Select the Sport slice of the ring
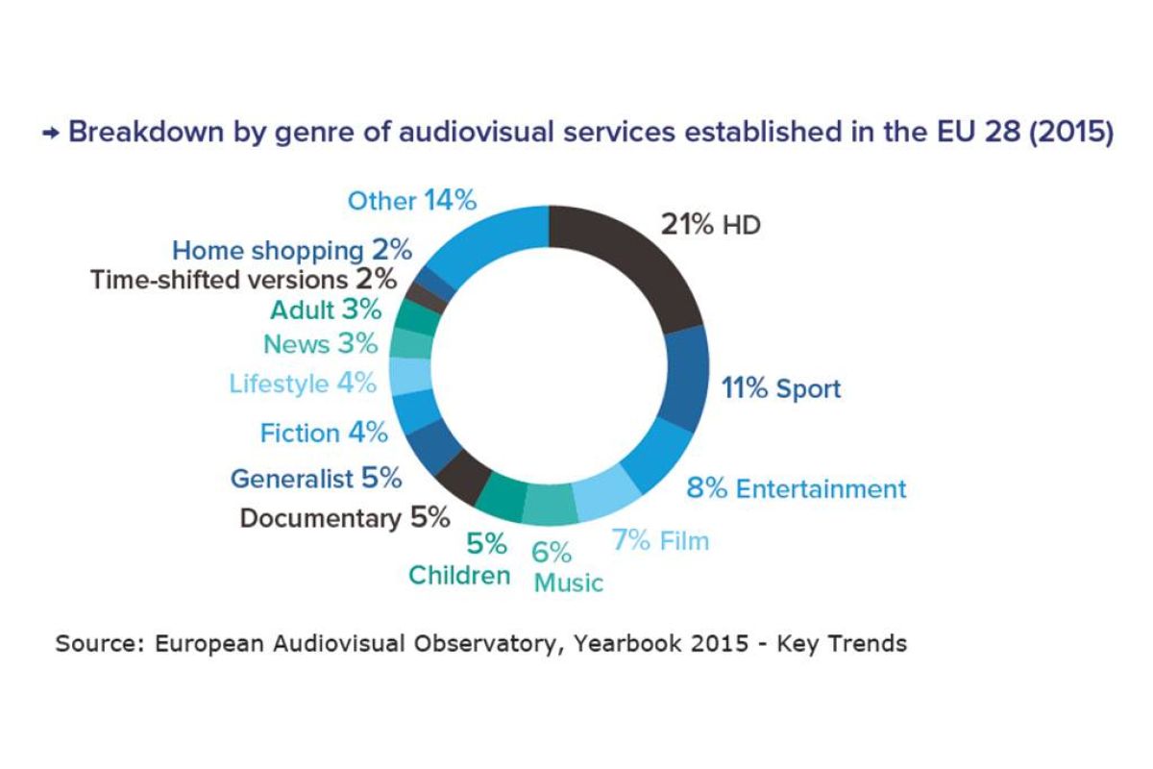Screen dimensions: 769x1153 (686, 378)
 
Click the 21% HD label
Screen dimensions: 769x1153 (710, 226)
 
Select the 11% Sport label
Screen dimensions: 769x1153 (780, 389)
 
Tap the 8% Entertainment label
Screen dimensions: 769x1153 (796, 488)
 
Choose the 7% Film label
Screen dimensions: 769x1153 (660, 540)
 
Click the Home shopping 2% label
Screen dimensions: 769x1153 (292, 251)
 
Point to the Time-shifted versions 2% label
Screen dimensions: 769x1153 (243, 280)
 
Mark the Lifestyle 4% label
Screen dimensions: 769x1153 (302, 384)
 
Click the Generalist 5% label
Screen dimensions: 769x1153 (316, 478)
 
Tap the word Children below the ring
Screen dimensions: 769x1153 (459, 575)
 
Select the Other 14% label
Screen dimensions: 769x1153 (412, 201)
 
